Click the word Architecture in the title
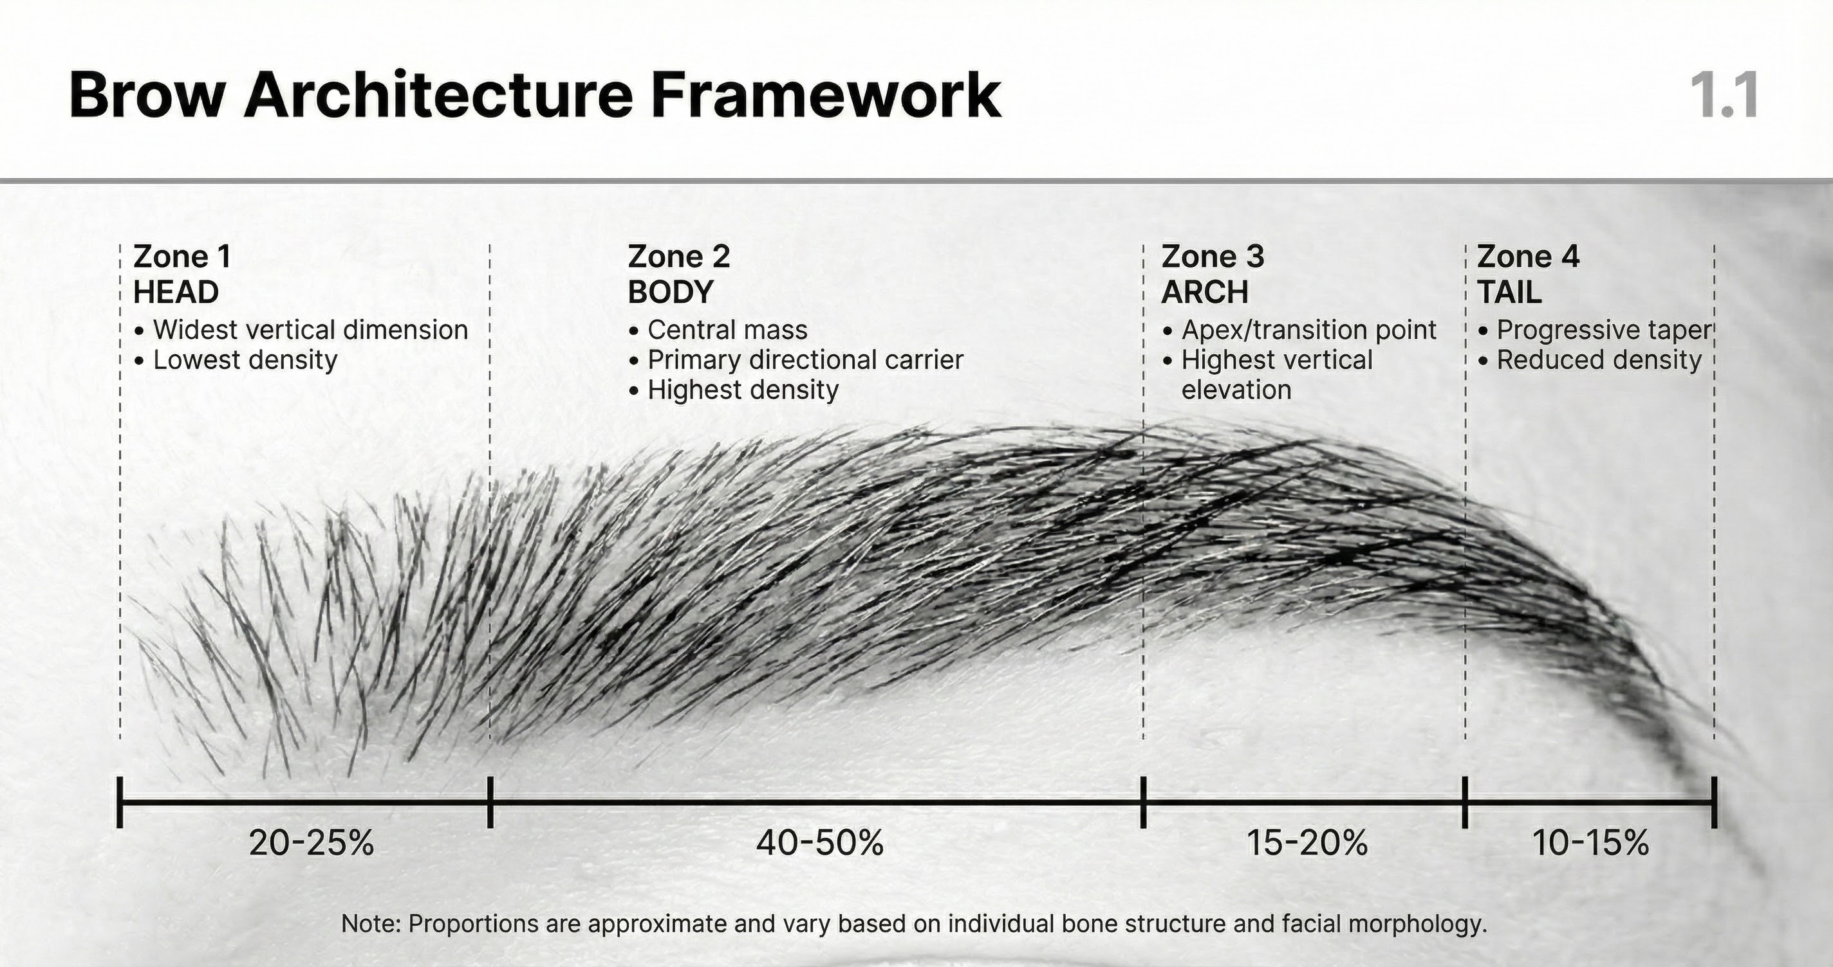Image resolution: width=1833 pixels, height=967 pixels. pos(438,95)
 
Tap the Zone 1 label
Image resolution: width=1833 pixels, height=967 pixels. pos(182,257)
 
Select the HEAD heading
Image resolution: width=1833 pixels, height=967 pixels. pos(176,293)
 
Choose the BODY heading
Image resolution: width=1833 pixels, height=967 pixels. pos(670,293)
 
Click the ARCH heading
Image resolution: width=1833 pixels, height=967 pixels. pos(1205,293)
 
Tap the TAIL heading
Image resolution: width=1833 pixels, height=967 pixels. pos(1509,293)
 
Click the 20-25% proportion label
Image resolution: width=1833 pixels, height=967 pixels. pos(311,844)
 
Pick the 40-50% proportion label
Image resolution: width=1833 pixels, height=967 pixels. pos(820,844)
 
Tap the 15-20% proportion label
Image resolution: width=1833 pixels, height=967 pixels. pos(1307,844)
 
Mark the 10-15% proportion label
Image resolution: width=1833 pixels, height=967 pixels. pos(1590,844)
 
